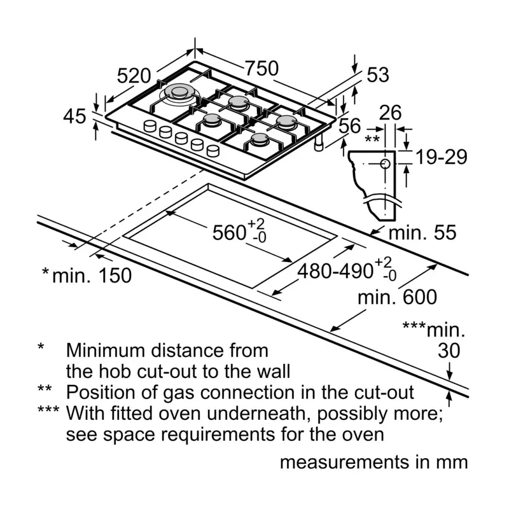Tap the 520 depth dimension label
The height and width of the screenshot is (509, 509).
[x=134, y=76]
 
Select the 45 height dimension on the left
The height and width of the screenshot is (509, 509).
[x=74, y=116]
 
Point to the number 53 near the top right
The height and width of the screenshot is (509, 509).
[x=377, y=75]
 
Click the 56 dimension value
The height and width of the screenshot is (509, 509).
[x=350, y=126]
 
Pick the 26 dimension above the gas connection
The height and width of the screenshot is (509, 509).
[x=390, y=113]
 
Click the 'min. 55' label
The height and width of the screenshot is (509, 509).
[x=422, y=233]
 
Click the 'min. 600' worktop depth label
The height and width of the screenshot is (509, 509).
[x=397, y=297]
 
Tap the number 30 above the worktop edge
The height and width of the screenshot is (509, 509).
[x=450, y=351]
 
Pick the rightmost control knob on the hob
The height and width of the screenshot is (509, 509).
[x=213, y=150]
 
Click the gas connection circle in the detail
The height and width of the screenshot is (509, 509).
[x=386, y=164]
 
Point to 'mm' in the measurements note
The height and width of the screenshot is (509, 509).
[x=452, y=463]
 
